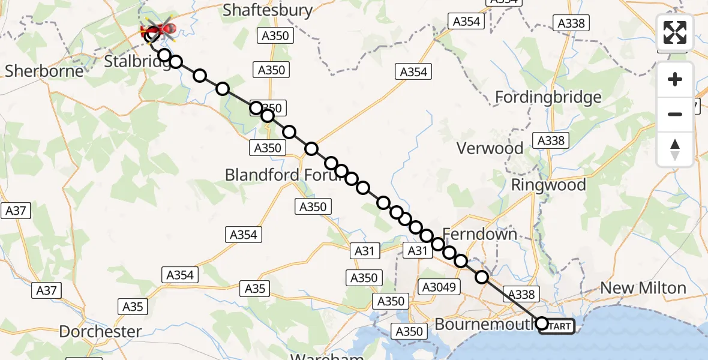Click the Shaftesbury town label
pos(268,10)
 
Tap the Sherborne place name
pos(44,71)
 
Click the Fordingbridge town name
pos(548,97)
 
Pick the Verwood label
pos(490,148)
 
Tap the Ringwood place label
pos(548,185)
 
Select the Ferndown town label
pos(480,234)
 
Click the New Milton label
pos(643,288)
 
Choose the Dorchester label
pos(100,331)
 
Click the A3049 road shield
pos(441,287)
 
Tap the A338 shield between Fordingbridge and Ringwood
pos(551,140)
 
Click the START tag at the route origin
pos(558,326)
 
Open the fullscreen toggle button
pos(675,32)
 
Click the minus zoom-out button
pos(675,114)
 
